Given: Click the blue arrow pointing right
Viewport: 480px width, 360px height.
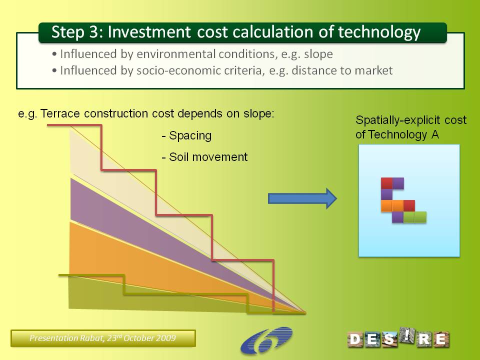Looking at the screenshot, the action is pos(302,198).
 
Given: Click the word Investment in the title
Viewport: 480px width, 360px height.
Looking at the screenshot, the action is pos(149,32).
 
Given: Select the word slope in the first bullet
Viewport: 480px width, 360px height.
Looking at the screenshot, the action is pos(318,54).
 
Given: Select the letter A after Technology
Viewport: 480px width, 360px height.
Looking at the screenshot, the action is pos(435,134).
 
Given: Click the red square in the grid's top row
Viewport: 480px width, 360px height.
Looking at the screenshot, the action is pos(386,183).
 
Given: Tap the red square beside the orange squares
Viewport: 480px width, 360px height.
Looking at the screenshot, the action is pos(409,205).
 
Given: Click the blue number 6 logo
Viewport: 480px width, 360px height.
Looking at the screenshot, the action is pos(266,340).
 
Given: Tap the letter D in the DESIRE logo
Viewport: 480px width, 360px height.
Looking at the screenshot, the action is pos(355,339).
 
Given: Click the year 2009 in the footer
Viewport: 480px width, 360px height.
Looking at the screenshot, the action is pos(166,338).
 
